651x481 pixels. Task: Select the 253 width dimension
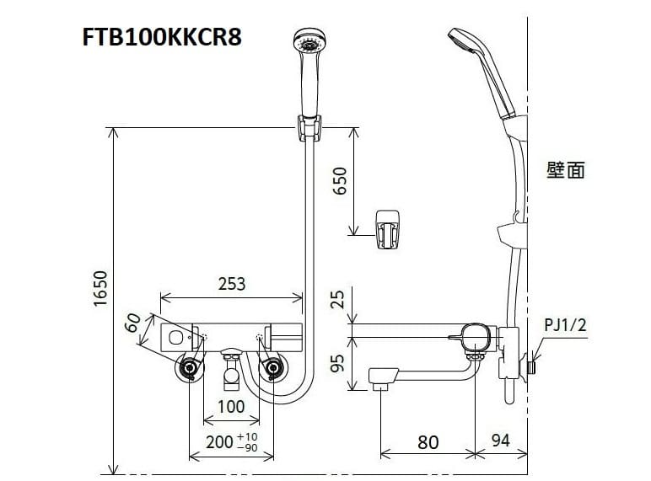tap(231, 284)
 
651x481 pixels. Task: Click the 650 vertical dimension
tap(340, 180)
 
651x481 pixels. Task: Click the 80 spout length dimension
tap(428, 441)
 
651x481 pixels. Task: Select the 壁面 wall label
tap(565, 170)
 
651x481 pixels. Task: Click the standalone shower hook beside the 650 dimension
tap(390, 227)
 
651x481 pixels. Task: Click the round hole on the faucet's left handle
tap(175, 337)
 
